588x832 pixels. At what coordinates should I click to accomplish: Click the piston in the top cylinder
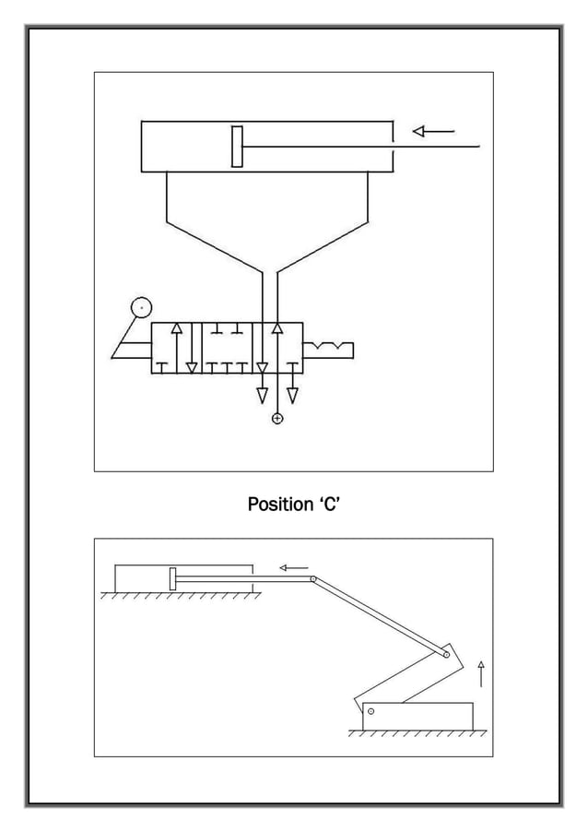[237, 147]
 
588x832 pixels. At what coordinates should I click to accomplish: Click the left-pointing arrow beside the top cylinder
[433, 132]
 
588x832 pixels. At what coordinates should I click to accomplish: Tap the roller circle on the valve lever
[141, 308]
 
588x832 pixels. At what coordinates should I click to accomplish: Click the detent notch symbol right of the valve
[328, 348]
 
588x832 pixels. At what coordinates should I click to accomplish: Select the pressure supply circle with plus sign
[277, 420]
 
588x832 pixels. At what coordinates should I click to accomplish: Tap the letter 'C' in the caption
[331, 505]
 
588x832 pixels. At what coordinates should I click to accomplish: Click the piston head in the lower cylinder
[172, 579]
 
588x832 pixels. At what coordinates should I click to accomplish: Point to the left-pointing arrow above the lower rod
[294, 567]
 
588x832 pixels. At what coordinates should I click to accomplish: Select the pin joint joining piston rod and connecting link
[314, 579]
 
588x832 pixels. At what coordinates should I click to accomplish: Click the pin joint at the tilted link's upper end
[445, 655]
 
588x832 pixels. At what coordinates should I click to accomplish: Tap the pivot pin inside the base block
[371, 710]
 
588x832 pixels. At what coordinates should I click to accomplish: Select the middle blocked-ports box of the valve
[227, 348]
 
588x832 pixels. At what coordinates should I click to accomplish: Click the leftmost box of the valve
[176, 348]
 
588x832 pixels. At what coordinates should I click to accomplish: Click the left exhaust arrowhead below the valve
[263, 396]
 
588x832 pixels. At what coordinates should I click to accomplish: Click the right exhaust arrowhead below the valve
[292, 396]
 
